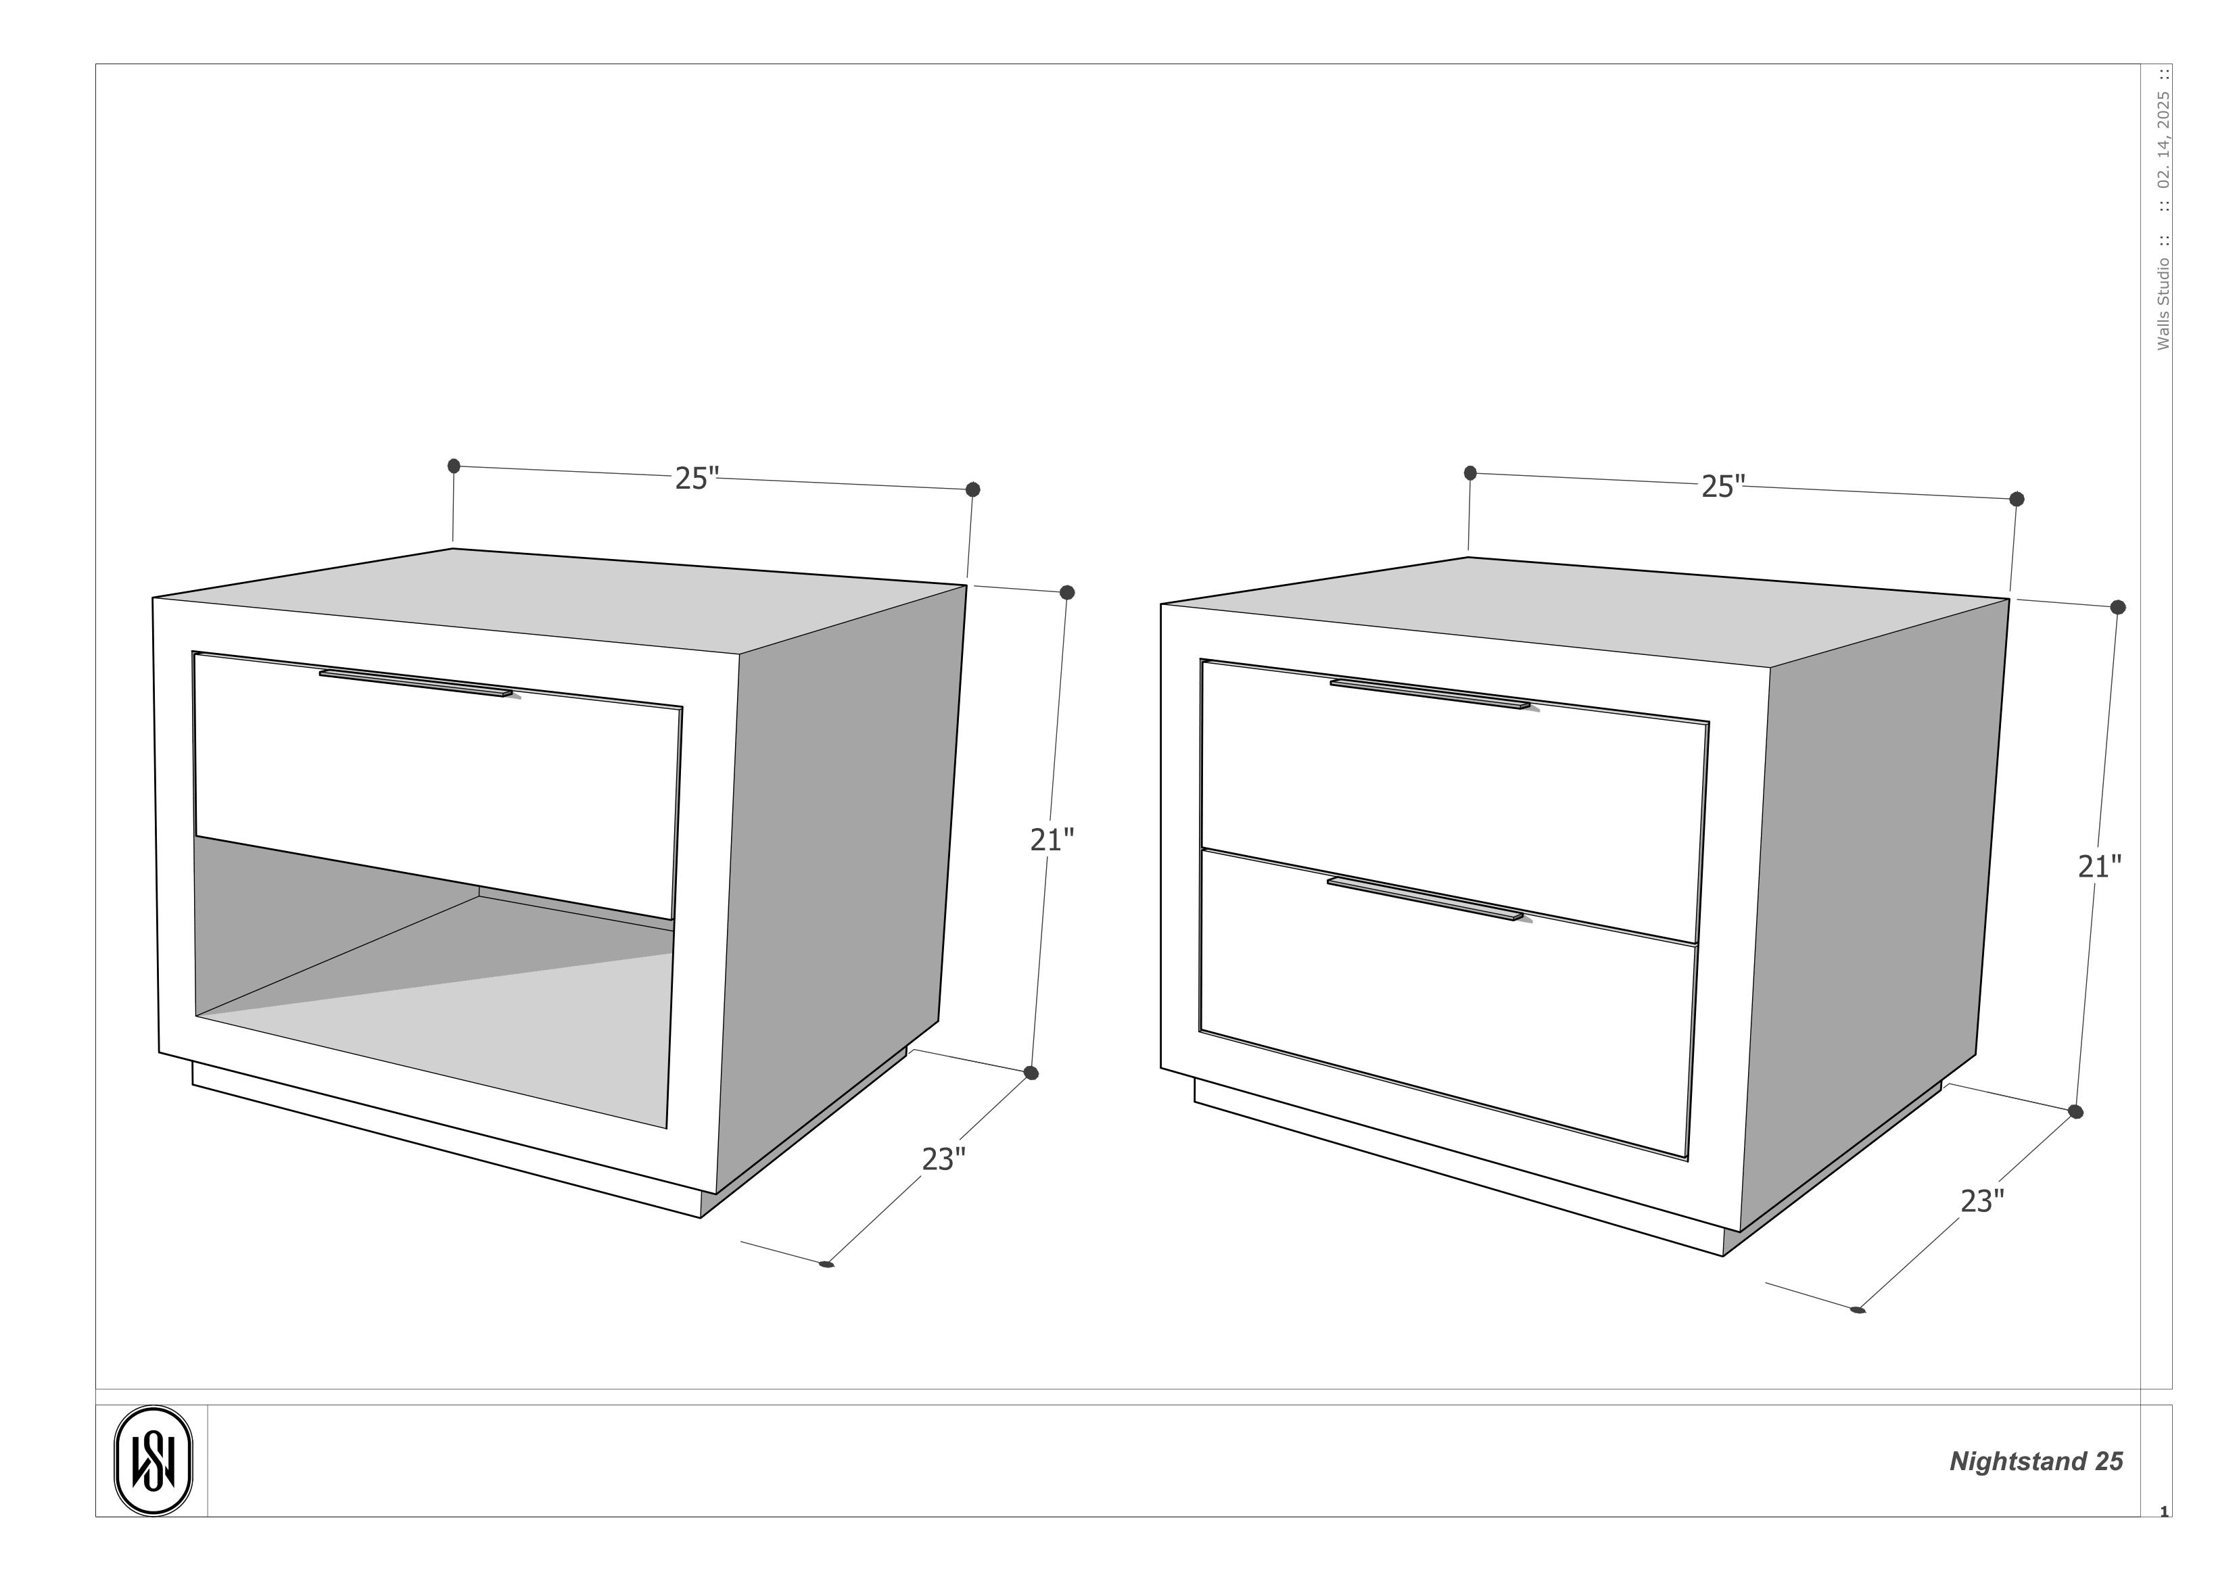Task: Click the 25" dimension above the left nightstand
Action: [x=697, y=479]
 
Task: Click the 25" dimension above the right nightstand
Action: [x=1722, y=486]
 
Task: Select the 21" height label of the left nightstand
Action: [x=1052, y=840]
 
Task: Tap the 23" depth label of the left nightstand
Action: [x=943, y=1159]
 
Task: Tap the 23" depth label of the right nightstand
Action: [x=1982, y=1201]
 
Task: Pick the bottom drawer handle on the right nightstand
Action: [x=1424, y=898]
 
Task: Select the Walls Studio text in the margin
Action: [x=2163, y=304]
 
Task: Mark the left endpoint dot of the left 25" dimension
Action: [x=454, y=466]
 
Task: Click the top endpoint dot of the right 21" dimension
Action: [x=2117, y=607]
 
